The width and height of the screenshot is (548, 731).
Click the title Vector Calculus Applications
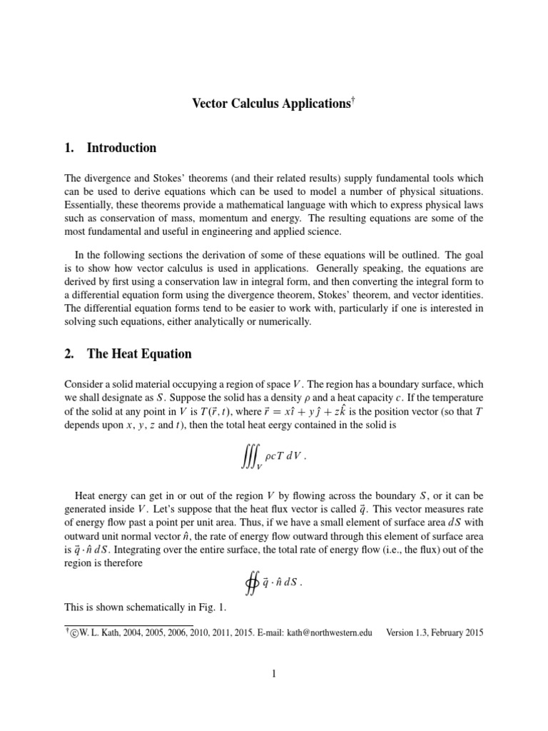(271, 104)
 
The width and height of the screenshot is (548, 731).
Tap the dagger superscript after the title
(352, 99)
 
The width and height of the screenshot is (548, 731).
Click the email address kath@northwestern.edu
(325, 632)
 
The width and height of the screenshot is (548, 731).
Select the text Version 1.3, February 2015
(435, 632)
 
